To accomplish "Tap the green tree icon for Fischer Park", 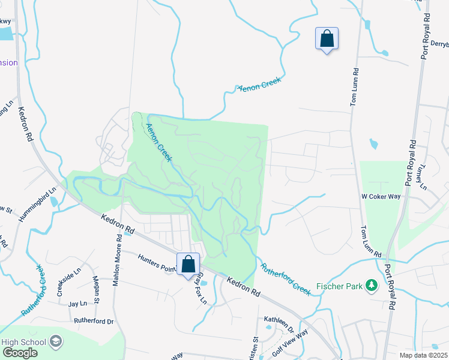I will (372, 286).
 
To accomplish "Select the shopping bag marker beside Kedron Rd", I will (188, 264).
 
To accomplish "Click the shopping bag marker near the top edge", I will (327, 39).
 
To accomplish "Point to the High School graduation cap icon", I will (56, 342).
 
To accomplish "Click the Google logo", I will (20, 352).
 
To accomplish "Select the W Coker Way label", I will (381, 196).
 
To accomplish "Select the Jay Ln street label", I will (77, 304).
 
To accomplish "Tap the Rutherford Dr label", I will (94, 321).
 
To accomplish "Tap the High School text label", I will (24, 342).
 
